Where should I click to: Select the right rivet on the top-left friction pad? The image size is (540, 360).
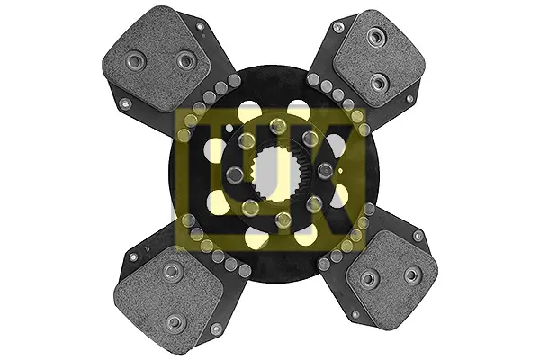pos(186,62)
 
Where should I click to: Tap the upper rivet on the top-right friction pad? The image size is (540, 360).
pos(376,37)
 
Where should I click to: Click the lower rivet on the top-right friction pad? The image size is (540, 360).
pos(380,83)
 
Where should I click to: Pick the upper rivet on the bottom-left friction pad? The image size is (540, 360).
pos(172,272)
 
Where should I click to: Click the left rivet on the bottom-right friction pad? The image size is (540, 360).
pos(368,278)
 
